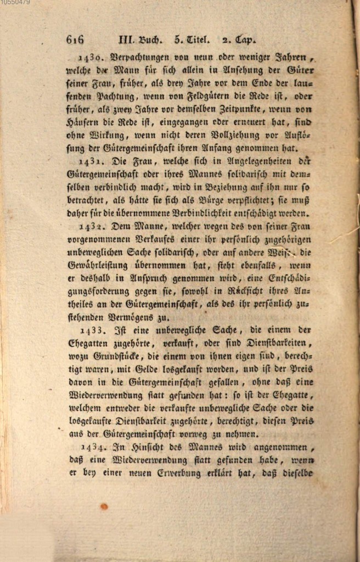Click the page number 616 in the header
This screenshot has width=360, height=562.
[x=75, y=40]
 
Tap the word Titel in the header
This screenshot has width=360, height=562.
[x=197, y=40]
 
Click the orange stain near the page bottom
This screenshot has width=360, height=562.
[x=104, y=506]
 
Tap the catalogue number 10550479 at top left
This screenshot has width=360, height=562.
[x=15, y=3]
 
